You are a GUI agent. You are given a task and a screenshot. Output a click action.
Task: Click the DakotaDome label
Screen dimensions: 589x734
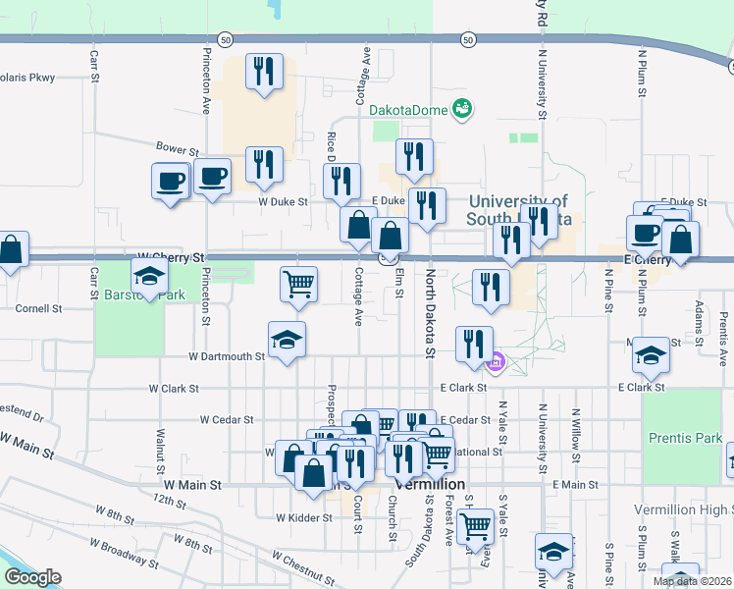pos(409,110)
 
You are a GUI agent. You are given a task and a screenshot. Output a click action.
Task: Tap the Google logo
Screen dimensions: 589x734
pos(31,577)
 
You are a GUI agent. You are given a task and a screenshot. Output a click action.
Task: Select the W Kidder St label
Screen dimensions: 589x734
pos(302,517)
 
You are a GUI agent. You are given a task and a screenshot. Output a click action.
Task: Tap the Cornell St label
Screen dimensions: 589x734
pos(38,307)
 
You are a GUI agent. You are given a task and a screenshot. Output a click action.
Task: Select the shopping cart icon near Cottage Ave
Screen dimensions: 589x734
pos(298,285)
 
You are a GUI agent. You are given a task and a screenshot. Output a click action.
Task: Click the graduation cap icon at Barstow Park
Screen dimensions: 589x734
pos(149,278)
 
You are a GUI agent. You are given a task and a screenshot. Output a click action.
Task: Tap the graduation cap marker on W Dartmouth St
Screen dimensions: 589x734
pos(287,340)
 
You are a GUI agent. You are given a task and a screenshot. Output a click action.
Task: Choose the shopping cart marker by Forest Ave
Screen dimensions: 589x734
pos(476,524)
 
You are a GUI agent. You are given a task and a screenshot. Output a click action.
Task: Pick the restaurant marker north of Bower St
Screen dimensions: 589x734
pos(264,72)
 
